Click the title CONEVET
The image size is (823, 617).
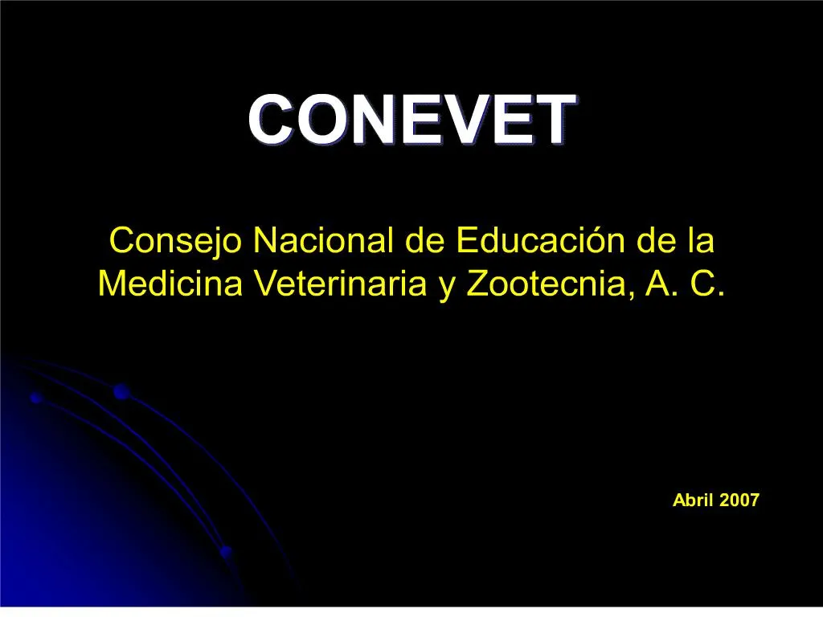coord(411,120)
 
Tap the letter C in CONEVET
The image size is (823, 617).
coord(270,120)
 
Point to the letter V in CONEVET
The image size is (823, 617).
coord(491,120)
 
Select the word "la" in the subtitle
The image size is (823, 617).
coord(701,240)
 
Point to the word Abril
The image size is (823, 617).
coord(693,501)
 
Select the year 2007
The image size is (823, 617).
coord(739,501)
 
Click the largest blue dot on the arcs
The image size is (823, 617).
coord(121,392)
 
